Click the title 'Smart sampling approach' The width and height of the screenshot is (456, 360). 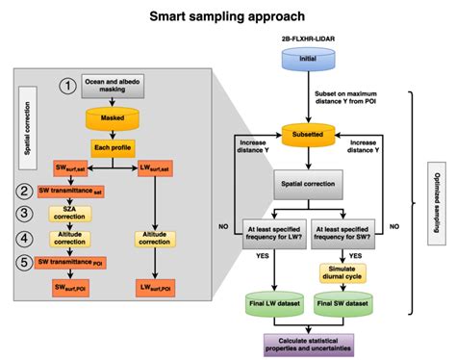click(227, 16)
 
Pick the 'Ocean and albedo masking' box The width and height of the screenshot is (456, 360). click(114, 87)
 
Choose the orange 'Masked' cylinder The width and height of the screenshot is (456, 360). click(114, 120)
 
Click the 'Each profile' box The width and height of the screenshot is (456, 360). click(114, 148)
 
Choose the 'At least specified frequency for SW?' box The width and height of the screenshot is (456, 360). click(341, 231)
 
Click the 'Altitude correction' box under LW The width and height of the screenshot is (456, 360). click(157, 238)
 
